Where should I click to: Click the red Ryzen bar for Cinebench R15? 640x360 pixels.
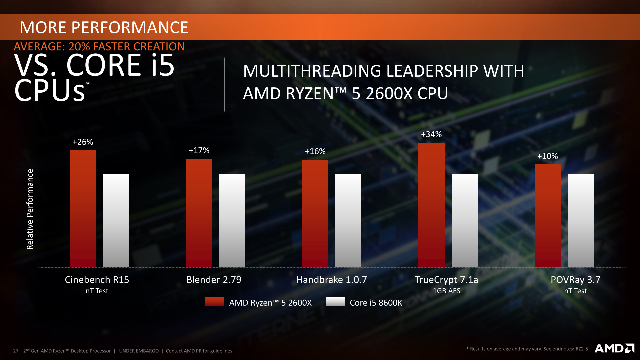(83, 208)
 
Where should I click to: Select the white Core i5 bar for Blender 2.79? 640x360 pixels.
(232, 220)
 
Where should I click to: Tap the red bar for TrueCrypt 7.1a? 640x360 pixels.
(431, 205)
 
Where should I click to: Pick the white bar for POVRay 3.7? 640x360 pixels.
(581, 220)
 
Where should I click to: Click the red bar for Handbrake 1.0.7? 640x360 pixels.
(315, 213)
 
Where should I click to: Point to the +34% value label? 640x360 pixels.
(431, 134)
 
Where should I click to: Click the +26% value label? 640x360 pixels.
(83, 142)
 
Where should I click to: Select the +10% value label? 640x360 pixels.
(547, 156)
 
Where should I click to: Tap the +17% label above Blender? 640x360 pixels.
(199, 151)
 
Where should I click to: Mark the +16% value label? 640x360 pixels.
(315, 152)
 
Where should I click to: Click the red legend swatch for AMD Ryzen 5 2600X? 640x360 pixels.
(215, 302)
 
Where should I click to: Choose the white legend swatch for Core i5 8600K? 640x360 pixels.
(335, 302)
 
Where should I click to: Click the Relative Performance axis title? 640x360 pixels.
(30, 209)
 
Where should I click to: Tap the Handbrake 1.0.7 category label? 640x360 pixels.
(332, 280)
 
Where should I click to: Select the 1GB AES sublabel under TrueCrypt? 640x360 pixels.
(446, 291)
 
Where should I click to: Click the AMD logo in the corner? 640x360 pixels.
(614, 348)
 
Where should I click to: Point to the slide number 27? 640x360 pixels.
(16, 351)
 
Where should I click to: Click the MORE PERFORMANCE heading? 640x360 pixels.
(104, 28)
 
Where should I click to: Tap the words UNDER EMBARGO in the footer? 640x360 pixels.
(139, 351)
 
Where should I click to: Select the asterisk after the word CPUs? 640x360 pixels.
(88, 83)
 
